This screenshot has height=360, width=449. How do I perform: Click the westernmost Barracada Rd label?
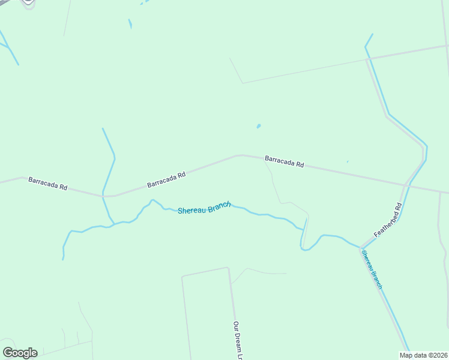point(47,184)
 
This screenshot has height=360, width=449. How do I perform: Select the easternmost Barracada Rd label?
point(285,162)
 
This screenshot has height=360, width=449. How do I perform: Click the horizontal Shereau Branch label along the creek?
point(204,208)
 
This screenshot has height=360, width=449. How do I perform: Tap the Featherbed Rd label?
point(387,220)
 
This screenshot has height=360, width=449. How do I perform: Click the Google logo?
point(20,353)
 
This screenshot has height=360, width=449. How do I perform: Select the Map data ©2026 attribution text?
point(423,355)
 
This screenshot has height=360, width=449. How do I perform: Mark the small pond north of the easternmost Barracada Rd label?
point(259,126)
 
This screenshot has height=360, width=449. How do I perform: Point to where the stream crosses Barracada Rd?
point(106,196)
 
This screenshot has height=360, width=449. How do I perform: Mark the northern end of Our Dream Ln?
point(228,268)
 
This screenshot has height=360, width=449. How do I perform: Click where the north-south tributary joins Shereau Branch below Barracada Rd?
point(113,224)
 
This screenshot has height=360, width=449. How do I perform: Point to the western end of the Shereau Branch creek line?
point(62,259)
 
